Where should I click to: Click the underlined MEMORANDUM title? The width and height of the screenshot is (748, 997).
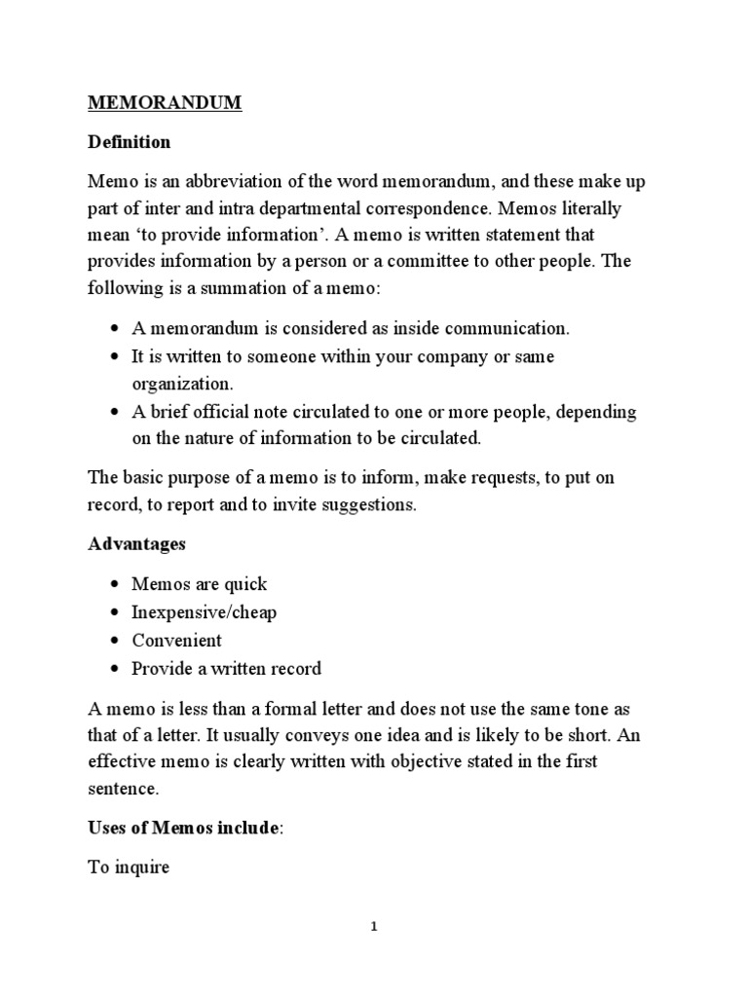[165, 103]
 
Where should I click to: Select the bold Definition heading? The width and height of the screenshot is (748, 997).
[129, 142]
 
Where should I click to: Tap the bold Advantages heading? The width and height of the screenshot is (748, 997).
[136, 543]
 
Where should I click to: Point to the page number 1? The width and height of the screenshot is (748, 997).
[374, 927]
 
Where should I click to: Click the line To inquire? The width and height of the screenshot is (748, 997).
[129, 867]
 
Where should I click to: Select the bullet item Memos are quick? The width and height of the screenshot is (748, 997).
[199, 584]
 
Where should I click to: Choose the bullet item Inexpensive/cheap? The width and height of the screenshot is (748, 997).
[205, 612]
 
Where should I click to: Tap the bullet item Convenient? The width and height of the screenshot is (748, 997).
[177, 641]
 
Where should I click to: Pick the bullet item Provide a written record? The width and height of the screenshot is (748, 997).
[226, 669]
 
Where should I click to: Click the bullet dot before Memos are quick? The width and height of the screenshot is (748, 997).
[114, 585]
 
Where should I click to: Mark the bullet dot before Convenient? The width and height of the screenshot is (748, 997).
[114, 642]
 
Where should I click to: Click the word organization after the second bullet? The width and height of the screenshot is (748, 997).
[182, 384]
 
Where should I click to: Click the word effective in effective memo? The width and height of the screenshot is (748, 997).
[122, 762]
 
